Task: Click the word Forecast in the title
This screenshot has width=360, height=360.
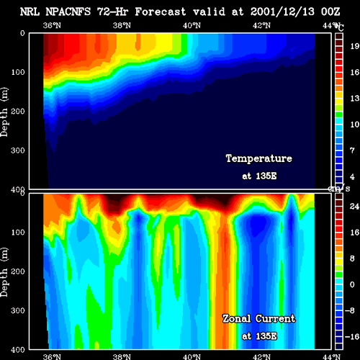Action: click(161, 12)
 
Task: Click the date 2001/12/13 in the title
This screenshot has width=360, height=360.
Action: click(282, 12)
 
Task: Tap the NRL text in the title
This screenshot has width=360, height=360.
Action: click(30, 12)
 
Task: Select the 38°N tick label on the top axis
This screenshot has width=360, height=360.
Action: click(122, 25)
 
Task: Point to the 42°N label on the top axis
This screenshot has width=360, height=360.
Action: click(261, 25)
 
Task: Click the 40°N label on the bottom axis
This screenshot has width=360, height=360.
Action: click(192, 356)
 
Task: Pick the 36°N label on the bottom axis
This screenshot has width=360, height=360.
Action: click(52, 356)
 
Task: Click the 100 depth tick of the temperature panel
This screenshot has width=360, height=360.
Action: click(18, 72)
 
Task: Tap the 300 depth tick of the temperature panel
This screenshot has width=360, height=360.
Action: click(18, 150)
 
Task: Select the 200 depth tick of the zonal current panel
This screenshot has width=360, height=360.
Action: click(18, 271)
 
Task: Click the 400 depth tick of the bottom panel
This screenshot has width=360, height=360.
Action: click(18, 350)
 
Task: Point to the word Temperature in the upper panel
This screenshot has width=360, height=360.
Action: click(259, 158)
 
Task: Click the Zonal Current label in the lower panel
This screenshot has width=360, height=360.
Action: click(259, 319)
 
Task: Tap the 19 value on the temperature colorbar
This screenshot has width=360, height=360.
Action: click(354, 46)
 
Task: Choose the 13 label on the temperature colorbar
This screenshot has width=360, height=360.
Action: click(354, 98)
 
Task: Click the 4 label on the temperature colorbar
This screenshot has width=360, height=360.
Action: click(352, 176)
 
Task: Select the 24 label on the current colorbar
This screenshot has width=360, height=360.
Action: click(354, 206)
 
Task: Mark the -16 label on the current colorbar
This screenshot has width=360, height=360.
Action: click(352, 337)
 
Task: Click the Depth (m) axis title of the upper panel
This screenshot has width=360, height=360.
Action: click(4, 112)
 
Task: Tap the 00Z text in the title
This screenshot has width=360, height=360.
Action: click(330, 12)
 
